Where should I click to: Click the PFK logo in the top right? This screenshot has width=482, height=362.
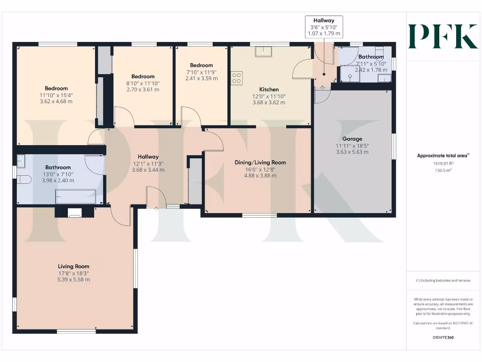pyautogui.click(x=442, y=36)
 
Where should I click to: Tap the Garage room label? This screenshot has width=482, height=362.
pyautogui.click(x=352, y=139)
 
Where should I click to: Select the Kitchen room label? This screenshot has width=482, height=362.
pyautogui.click(x=269, y=89)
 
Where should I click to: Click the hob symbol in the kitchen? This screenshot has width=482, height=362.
pyautogui.click(x=236, y=78)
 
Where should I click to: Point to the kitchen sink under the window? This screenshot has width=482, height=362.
pyautogui.click(x=260, y=51)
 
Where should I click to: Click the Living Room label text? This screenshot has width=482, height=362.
pyautogui.click(x=73, y=266)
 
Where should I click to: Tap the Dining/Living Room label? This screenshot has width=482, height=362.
pyautogui.click(x=260, y=162)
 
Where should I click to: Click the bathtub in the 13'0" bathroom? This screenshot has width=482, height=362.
pyautogui.click(x=75, y=197)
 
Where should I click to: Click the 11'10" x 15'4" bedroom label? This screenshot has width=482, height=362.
pyautogui.click(x=56, y=95)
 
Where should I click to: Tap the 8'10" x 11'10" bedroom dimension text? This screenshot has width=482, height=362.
pyautogui.click(x=143, y=83)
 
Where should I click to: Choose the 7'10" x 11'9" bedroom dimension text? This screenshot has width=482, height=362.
pyautogui.click(x=201, y=72)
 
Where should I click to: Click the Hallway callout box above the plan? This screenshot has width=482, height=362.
pyautogui.click(x=324, y=27)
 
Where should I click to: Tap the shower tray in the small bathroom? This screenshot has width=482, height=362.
pyautogui.click(x=350, y=74)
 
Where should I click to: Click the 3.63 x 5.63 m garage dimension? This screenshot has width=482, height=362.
pyautogui.click(x=352, y=152)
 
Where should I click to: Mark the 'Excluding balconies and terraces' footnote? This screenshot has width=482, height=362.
pyautogui.click(x=442, y=280)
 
